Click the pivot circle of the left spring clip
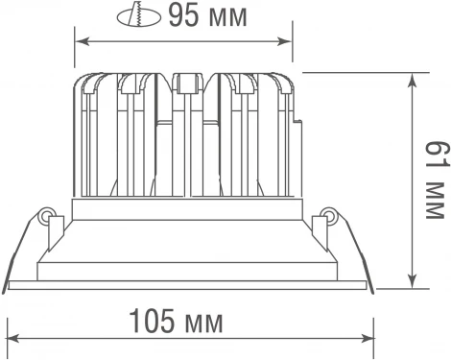tap(46, 217)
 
